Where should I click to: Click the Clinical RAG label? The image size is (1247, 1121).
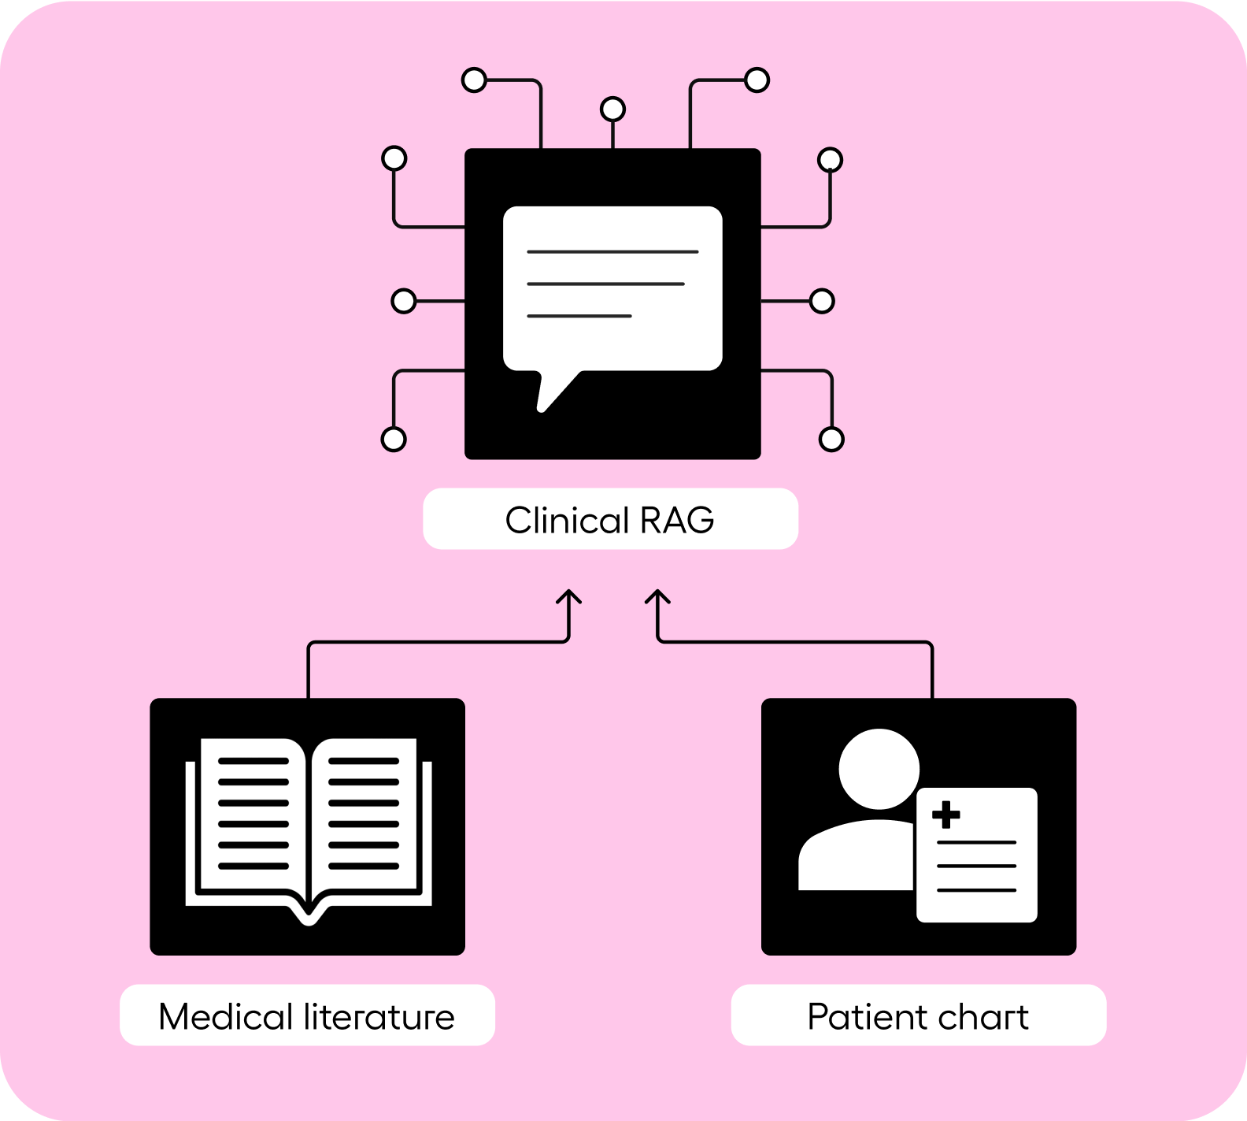610,519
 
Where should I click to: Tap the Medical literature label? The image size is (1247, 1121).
307,1015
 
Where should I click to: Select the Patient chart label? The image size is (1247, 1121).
918,1015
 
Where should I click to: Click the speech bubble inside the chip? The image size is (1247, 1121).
612,288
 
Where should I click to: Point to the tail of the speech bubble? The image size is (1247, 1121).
551,394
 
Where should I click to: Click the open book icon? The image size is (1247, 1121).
309,827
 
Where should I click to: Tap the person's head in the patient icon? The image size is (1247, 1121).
879,769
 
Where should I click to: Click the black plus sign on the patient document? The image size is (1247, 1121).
945,815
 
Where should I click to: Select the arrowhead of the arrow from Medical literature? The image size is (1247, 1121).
568,595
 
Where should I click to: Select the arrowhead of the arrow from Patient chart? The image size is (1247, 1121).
658,595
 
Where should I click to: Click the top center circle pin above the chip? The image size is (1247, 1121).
612,109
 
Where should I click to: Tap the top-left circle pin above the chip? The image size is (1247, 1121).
474,80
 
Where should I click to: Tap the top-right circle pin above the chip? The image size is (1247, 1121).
757,80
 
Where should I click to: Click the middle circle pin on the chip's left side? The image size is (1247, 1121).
404,301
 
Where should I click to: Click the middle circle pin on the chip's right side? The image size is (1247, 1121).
822,301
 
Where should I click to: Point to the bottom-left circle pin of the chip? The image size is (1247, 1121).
394,439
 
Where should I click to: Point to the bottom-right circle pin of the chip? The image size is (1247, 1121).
831,439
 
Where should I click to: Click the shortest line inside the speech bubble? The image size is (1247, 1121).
579,316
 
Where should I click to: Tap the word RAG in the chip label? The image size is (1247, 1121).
677,520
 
